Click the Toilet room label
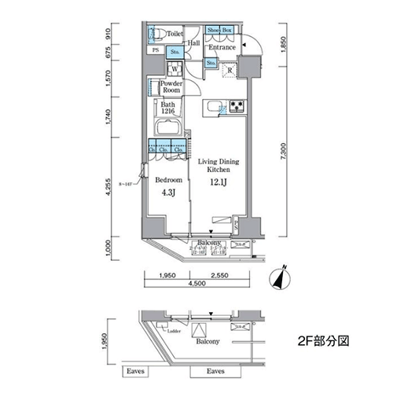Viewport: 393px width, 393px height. pyautogui.click(x=174, y=35)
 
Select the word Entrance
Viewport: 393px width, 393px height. pyautogui.click(x=222, y=47)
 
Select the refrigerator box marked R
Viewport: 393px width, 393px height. pyautogui.click(x=229, y=68)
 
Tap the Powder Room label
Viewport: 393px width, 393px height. pyautogui.click(x=171, y=87)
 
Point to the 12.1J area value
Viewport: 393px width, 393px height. pyautogui.click(x=219, y=183)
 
